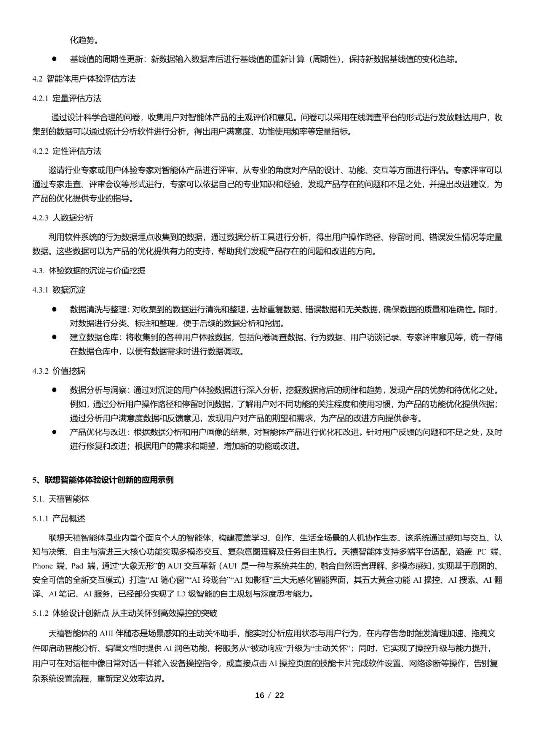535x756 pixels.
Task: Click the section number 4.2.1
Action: pos(40,99)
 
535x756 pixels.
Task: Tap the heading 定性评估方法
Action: pos(77,151)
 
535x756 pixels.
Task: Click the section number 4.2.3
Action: pos(40,218)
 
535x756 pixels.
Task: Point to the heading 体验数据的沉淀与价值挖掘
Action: pos(97,270)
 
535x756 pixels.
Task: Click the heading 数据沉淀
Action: pos(69,290)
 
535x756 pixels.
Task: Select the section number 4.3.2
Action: pos(40,371)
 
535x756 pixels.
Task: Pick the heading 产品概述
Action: pos(69,519)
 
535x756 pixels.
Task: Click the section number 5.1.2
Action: pos(40,613)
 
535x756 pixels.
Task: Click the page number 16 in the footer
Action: pos(260,695)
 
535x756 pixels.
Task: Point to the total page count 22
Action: pos(280,695)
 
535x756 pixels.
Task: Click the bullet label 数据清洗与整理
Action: pos(98,310)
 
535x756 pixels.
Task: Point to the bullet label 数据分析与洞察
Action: pos(98,390)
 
